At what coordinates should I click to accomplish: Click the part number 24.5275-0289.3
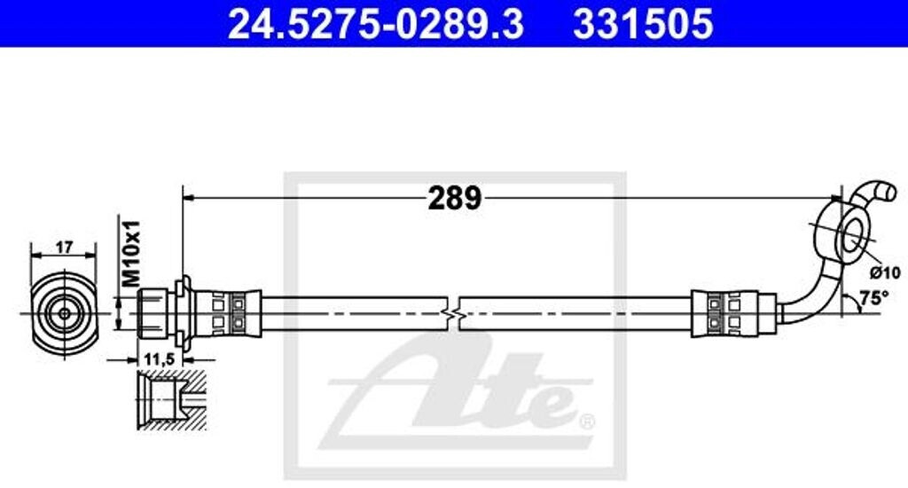(376, 24)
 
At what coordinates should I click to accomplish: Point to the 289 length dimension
(454, 198)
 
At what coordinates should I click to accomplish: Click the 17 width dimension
(64, 248)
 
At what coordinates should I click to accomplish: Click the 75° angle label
(874, 298)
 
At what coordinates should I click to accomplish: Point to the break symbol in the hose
(454, 312)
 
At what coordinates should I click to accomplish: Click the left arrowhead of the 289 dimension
(187, 197)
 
